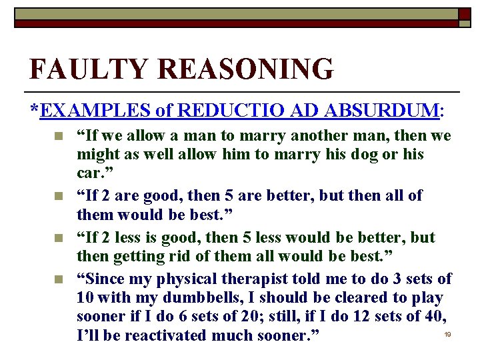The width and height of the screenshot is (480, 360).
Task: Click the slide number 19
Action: (448, 333)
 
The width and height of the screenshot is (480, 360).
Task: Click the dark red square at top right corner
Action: (465, 14)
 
